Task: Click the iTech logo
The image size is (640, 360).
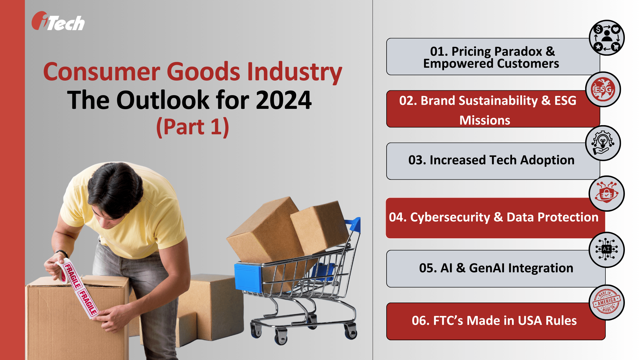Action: point(58,21)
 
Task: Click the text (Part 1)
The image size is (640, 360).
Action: point(193,127)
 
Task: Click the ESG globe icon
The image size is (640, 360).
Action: point(603,89)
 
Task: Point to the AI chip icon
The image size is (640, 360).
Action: point(607,250)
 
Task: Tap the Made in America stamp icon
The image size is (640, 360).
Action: point(607,302)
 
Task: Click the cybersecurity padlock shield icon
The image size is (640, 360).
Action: point(607,194)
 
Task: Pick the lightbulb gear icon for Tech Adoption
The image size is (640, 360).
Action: point(603,143)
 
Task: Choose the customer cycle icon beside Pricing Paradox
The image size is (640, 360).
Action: point(607,38)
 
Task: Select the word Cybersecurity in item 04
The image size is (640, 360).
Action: point(450,217)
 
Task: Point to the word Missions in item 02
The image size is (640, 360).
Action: point(485,120)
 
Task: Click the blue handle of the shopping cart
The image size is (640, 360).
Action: point(354,224)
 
